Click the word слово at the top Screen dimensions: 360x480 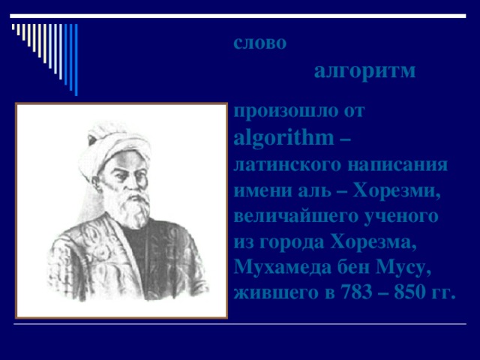[259, 43]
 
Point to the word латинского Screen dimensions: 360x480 [278, 164]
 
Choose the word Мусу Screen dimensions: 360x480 [404, 268]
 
